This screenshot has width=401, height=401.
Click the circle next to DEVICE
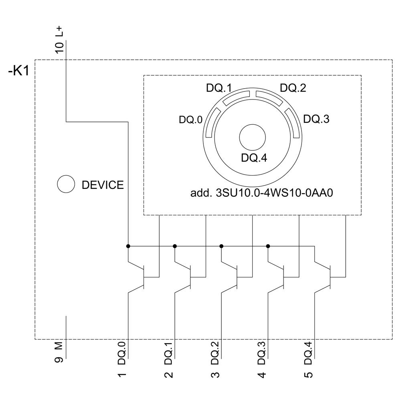pos(66,185)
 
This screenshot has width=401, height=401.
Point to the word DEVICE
pos(103,185)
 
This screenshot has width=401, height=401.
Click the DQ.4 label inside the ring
pos(254,158)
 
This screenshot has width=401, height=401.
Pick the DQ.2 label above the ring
pos(293,88)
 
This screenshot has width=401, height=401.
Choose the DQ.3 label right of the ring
pos(316,119)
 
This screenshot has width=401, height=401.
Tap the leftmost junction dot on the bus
pos(128,246)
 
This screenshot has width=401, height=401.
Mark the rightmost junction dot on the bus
pos(268,246)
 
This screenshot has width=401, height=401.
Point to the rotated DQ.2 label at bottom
pos(216,352)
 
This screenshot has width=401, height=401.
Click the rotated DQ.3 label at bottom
pos(262,352)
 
